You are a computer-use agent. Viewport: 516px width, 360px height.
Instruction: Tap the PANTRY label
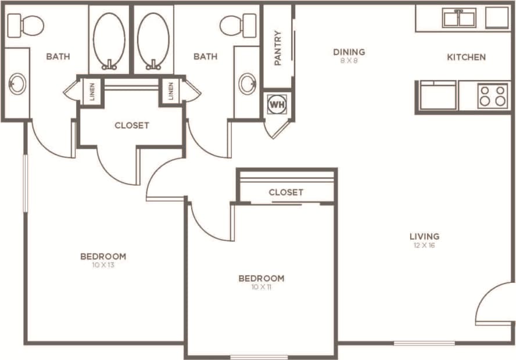click(x=278, y=48)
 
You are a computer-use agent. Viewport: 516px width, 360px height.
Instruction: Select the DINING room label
click(x=349, y=52)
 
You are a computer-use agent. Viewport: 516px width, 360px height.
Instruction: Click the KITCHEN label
click(x=466, y=57)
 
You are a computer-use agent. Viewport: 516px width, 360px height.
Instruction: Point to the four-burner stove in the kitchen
click(x=493, y=96)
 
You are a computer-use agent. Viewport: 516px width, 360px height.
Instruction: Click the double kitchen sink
click(x=458, y=19)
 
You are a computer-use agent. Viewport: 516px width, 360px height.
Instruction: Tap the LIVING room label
click(x=424, y=236)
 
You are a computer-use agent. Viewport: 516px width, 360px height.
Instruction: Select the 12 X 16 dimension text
click(x=424, y=246)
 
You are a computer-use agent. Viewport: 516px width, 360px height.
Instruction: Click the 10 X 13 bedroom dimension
click(x=103, y=265)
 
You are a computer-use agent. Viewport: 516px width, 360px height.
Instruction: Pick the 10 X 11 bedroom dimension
click(x=261, y=287)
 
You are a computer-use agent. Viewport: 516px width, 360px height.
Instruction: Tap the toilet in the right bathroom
click(x=239, y=24)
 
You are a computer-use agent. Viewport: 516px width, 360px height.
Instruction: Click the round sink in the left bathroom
click(x=17, y=84)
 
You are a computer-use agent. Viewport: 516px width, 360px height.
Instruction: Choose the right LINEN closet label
click(x=171, y=92)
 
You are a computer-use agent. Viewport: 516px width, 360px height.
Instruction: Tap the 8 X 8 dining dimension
click(x=349, y=61)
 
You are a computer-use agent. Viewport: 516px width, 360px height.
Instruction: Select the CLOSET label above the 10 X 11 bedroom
click(x=286, y=192)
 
